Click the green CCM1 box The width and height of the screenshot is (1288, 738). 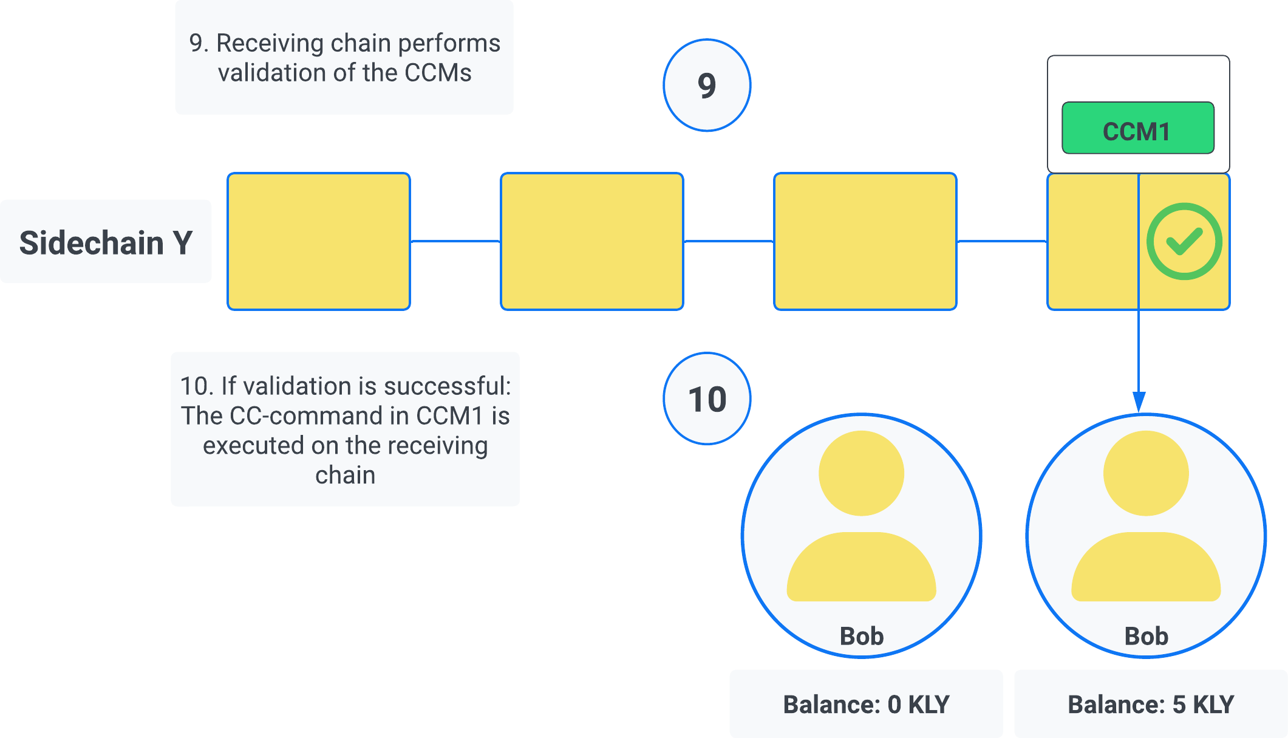tap(1137, 128)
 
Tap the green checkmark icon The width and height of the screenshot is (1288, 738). tap(1184, 241)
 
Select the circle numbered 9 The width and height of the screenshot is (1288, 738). tap(707, 86)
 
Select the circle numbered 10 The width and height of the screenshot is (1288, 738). tap(707, 399)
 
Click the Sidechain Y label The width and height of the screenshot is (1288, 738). tap(106, 242)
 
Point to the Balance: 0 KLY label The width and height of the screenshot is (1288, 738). tap(866, 704)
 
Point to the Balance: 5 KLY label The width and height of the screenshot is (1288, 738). tap(1151, 704)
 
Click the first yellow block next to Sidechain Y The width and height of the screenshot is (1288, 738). tap(319, 242)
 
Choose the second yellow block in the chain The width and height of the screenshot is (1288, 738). tap(592, 242)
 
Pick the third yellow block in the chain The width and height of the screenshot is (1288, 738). tap(865, 242)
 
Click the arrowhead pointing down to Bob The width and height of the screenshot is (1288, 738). tap(1139, 402)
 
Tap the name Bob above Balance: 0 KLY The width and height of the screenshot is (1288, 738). tap(861, 636)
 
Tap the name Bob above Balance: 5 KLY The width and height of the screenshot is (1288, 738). tap(1146, 636)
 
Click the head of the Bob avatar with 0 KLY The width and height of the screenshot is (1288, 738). tap(861, 473)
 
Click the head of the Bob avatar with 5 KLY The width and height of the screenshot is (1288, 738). tap(1146, 473)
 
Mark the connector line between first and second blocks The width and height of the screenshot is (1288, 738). tap(455, 241)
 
